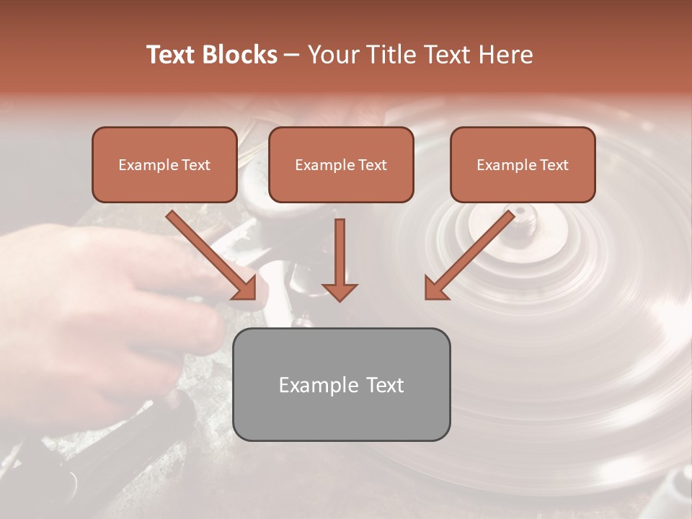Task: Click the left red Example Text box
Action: [164, 165]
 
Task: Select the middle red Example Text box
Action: [341, 165]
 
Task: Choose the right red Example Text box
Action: [523, 165]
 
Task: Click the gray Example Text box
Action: [342, 384]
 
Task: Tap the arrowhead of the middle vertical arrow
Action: [340, 291]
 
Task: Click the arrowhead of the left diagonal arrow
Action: [245, 288]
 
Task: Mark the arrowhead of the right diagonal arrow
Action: [435, 288]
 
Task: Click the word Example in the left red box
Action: [144, 165]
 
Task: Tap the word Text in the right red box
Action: [554, 165]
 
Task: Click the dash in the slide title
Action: [292, 56]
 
